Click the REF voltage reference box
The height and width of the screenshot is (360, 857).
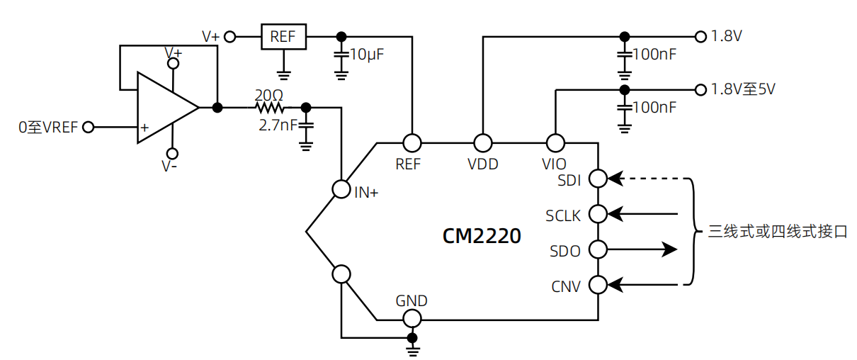click(283, 37)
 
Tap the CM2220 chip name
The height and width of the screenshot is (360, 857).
click(482, 236)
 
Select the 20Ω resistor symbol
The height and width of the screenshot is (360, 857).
click(270, 108)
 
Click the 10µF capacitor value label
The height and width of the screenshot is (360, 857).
click(366, 55)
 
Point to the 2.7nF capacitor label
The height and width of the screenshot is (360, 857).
click(278, 125)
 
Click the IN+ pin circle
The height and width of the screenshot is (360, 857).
click(341, 189)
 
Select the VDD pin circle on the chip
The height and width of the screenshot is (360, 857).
click(483, 143)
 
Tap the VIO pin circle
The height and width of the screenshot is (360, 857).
click(555, 143)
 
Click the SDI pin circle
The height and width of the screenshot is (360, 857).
click(598, 179)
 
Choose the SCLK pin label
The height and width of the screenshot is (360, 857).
click(563, 216)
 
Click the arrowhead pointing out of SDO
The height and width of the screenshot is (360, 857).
click(669, 249)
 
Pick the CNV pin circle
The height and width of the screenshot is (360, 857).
click(598, 285)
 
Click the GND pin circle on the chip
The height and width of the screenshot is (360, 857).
click(412, 319)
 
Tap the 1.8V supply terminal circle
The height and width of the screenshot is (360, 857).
click(700, 37)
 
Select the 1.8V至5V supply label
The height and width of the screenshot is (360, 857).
click(743, 89)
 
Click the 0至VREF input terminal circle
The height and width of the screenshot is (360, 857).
click(89, 127)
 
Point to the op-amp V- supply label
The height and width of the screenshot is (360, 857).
click(169, 167)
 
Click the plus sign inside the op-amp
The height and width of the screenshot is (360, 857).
click(144, 128)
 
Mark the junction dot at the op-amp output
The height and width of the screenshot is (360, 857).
click(217, 108)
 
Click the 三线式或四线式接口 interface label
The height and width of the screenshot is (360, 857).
click(778, 232)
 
